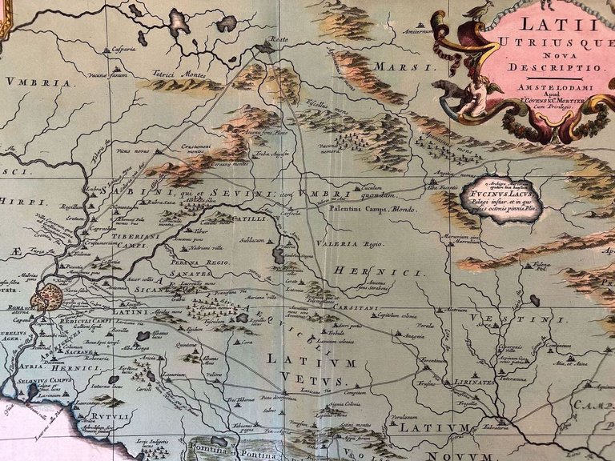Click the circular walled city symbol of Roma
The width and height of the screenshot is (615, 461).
(x=46, y=299)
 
